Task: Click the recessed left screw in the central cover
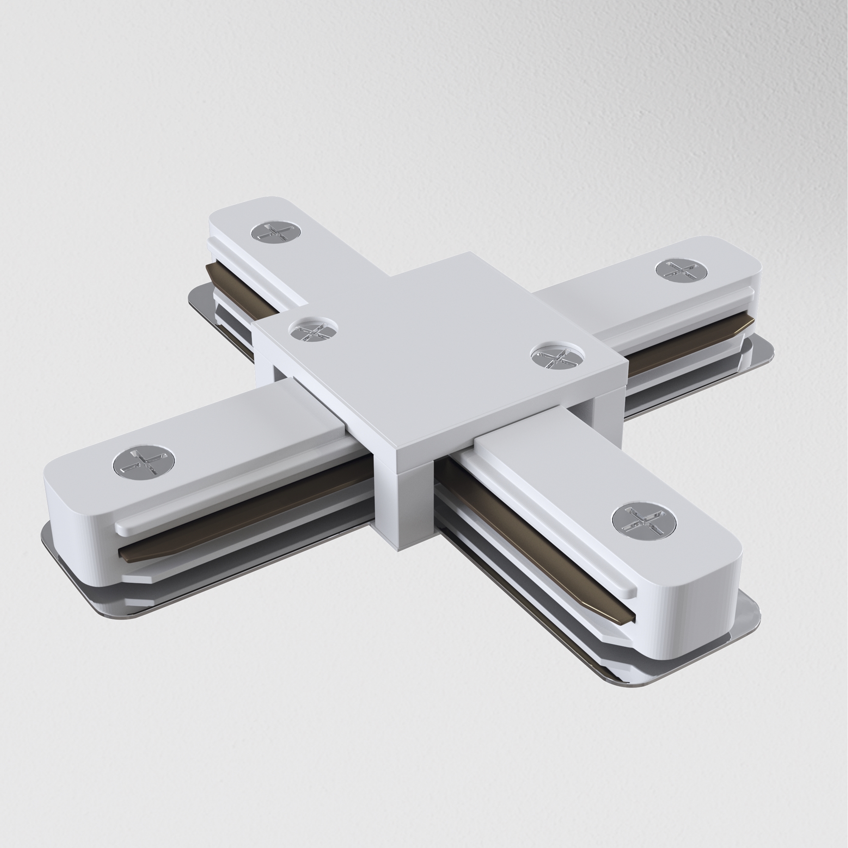(x=314, y=329)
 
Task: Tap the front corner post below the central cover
(x=404, y=505)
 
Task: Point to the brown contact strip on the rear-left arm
(x=241, y=287)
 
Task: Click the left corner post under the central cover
(x=265, y=364)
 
